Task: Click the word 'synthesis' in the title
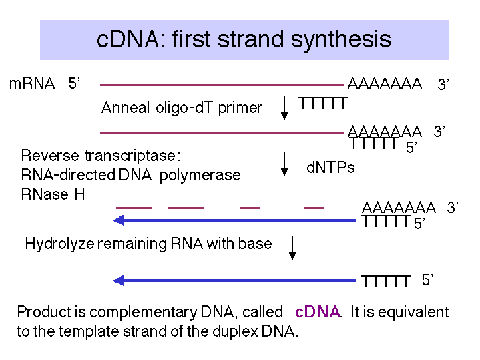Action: click(340, 41)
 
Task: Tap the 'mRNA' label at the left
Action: click(32, 83)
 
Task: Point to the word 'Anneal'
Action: click(126, 108)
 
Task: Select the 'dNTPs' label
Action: click(330, 168)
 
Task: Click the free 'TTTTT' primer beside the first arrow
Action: click(323, 103)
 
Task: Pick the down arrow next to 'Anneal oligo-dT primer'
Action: click(284, 108)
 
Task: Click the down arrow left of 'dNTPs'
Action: click(284, 164)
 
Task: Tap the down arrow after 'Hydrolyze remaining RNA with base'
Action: click(292, 248)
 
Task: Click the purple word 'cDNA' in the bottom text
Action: click(318, 312)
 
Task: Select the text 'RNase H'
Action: click(53, 194)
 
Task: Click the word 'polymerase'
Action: click(200, 176)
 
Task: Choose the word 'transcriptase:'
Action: click(132, 156)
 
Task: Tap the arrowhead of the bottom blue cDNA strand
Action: click(118, 281)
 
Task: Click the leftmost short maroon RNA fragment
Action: click(134, 208)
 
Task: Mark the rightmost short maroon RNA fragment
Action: click(314, 208)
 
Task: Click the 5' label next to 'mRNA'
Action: click(74, 83)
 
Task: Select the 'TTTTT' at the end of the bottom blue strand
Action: click(385, 281)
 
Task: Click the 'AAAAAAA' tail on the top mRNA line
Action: click(385, 83)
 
